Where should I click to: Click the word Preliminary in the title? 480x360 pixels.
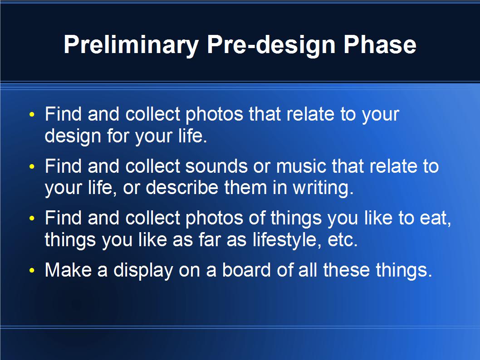(x=131, y=45)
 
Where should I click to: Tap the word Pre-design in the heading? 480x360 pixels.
(x=271, y=45)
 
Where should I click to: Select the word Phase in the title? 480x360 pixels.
(x=380, y=44)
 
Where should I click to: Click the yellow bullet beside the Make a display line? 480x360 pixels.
(x=32, y=271)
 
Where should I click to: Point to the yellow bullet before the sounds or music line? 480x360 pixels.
(x=32, y=167)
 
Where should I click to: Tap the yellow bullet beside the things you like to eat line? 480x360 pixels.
(x=32, y=219)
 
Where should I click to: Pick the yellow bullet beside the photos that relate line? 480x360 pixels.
(x=32, y=115)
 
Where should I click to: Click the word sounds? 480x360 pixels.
(x=216, y=166)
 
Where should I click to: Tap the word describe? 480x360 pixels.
(x=182, y=188)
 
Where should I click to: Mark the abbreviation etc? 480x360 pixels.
(x=343, y=240)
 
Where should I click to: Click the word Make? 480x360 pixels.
(x=68, y=270)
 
